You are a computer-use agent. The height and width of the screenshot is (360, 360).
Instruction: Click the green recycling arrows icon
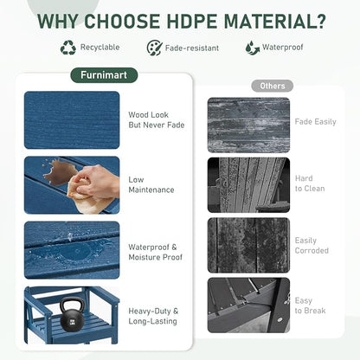coord(68,48)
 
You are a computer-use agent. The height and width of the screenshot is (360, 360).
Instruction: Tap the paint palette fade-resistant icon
coord(155,48)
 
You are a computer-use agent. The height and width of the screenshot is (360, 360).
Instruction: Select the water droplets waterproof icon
coord(253,48)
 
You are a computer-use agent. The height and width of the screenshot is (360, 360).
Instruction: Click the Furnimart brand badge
coord(104,75)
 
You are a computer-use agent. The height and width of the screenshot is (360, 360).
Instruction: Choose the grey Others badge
coord(273,86)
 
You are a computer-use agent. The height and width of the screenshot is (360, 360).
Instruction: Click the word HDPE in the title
coord(191,21)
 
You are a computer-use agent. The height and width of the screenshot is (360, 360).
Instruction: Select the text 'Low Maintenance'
coord(151,184)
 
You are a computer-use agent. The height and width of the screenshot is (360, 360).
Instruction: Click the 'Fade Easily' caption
coord(315,122)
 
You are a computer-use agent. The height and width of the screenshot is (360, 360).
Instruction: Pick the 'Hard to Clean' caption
coord(310,183)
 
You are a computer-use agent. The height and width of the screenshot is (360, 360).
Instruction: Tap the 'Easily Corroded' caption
coord(312,246)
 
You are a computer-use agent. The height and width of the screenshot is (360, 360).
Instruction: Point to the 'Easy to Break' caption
coord(310,305)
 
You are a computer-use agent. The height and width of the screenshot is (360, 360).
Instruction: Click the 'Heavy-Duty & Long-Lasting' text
coord(153,316)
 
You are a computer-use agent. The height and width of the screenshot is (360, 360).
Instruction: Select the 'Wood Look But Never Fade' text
coord(157,120)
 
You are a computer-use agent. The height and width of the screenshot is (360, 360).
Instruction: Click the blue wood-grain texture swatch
coord(72,120)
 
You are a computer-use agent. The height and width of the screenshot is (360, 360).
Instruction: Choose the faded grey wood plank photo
coord(248,125)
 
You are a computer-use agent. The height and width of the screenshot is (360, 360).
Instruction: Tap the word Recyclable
coord(100,48)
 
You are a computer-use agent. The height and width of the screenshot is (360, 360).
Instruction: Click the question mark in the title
coord(319,21)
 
